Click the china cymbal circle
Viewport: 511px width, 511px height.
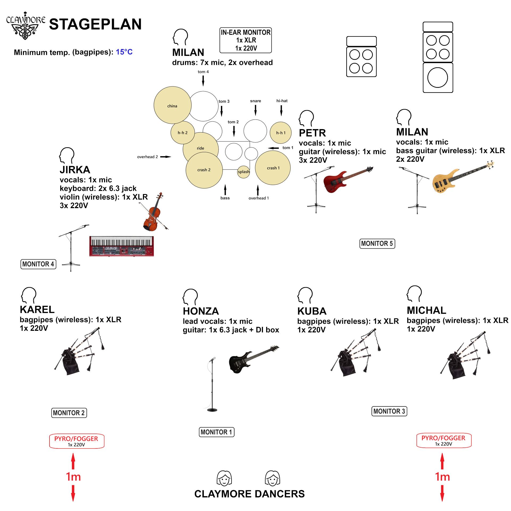pos(172,105)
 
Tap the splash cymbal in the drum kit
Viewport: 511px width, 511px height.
pos(244,172)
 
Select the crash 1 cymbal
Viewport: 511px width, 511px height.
pos(273,168)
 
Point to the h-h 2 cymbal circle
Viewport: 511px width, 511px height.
pos(183,133)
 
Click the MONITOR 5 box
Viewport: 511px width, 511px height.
pos(377,244)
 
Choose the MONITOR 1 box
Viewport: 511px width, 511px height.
pos(217,432)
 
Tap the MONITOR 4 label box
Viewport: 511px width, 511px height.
pos(38,264)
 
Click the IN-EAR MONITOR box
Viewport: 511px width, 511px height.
pos(246,40)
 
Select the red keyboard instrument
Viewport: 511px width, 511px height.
pos(122,246)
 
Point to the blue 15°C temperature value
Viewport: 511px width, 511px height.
pos(124,52)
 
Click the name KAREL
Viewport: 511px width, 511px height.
pos(37,310)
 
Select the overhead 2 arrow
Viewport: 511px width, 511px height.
pos(166,157)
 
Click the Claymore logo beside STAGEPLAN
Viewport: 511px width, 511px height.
pos(26,26)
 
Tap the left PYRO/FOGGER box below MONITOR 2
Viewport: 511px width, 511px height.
pos(77,441)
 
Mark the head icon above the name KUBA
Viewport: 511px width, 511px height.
pos(305,295)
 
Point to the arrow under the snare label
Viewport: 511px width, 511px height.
pos(256,110)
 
